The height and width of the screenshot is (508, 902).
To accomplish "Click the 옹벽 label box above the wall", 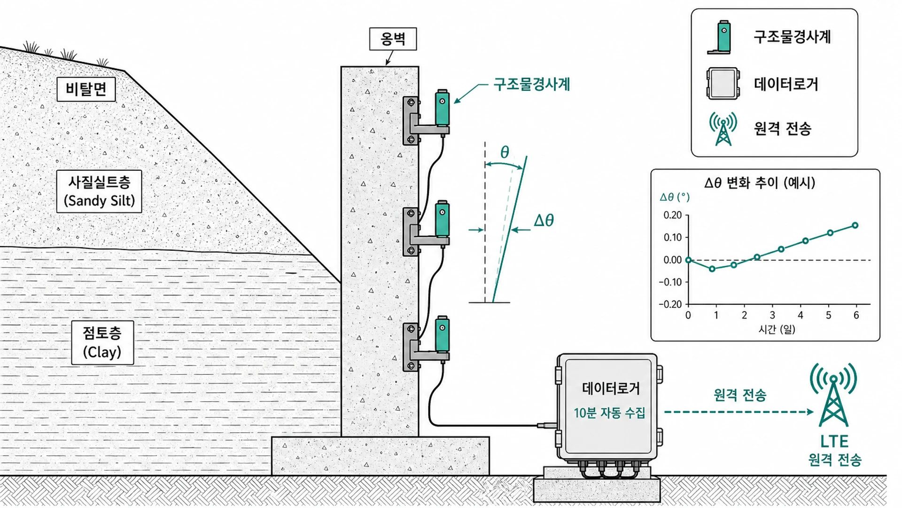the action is tap(393, 39).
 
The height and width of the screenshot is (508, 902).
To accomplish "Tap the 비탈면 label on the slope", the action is tap(86, 89).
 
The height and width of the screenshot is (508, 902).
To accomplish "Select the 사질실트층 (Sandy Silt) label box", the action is tap(99, 191).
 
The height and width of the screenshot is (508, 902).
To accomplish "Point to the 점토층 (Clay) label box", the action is tap(102, 342).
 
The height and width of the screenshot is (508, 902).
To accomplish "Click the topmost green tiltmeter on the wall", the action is tap(442, 108).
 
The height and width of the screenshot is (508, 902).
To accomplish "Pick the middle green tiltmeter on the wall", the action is tap(442, 220).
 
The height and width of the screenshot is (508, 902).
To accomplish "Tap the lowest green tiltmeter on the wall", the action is tap(442, 335).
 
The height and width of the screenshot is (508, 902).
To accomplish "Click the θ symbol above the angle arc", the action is tap(505, 152).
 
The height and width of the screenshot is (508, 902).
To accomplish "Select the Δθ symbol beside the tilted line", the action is tap(544, 220).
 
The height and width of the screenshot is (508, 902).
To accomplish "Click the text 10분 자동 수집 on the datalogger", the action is tap(609, 413).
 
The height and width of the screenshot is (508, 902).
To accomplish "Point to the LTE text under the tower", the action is tap(834, 441).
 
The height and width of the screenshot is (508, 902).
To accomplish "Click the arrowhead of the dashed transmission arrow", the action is tap(810, 412).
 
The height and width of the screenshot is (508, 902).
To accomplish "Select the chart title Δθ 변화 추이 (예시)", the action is tap(760, 183).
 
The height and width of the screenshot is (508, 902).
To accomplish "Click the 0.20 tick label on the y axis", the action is tap(672, 215).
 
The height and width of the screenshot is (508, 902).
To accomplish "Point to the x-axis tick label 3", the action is tap(772, 315).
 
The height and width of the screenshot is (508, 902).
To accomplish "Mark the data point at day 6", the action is tap(855, 225).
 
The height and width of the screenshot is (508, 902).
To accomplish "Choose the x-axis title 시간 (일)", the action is tap(777, 329).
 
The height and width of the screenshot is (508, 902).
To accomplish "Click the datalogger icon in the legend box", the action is tap(723, 84).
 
